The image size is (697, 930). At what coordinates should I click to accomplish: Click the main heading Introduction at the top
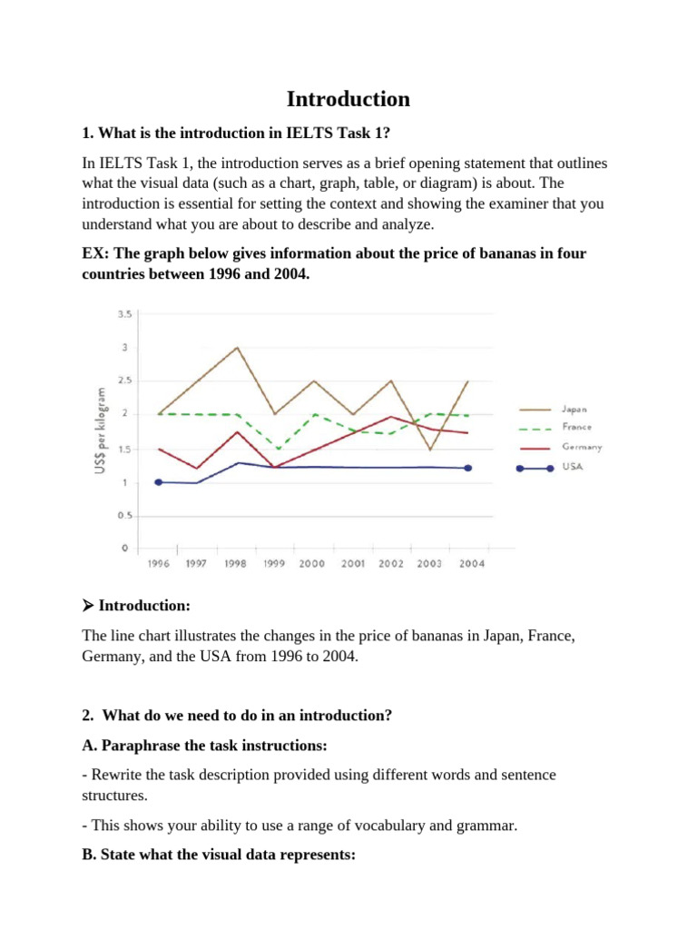pyautogui.click(x=348, y=98)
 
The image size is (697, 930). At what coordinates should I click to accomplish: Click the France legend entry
pyautogui.click(x=576, y=427)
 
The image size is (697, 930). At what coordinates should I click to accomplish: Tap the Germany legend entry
pyautogui.click(x=582, y=447)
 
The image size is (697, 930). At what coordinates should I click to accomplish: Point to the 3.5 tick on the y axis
pyautogui.click(x=124, y=314)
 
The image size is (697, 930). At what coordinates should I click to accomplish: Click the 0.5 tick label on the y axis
pyautogui.click(x=124, y=516)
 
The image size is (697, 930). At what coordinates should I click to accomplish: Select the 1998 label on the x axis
pyautogui.click(x=234, y=564)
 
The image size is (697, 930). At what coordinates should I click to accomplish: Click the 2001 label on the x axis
pyautogui.click(x=352, y=564)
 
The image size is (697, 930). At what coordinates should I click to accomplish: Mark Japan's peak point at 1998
pyautogui.click(x=237, y=348)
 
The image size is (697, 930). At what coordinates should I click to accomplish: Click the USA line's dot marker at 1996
pyautogui.click(x=159, y=482)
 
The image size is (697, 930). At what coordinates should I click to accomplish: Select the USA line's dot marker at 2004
pyautogui.click(x=468, y=468)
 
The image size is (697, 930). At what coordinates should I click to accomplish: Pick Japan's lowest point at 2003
pyautogui.click(x=429, y=450)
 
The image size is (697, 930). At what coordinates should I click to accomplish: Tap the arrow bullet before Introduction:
pyautogui.click(x=88, y=605)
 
